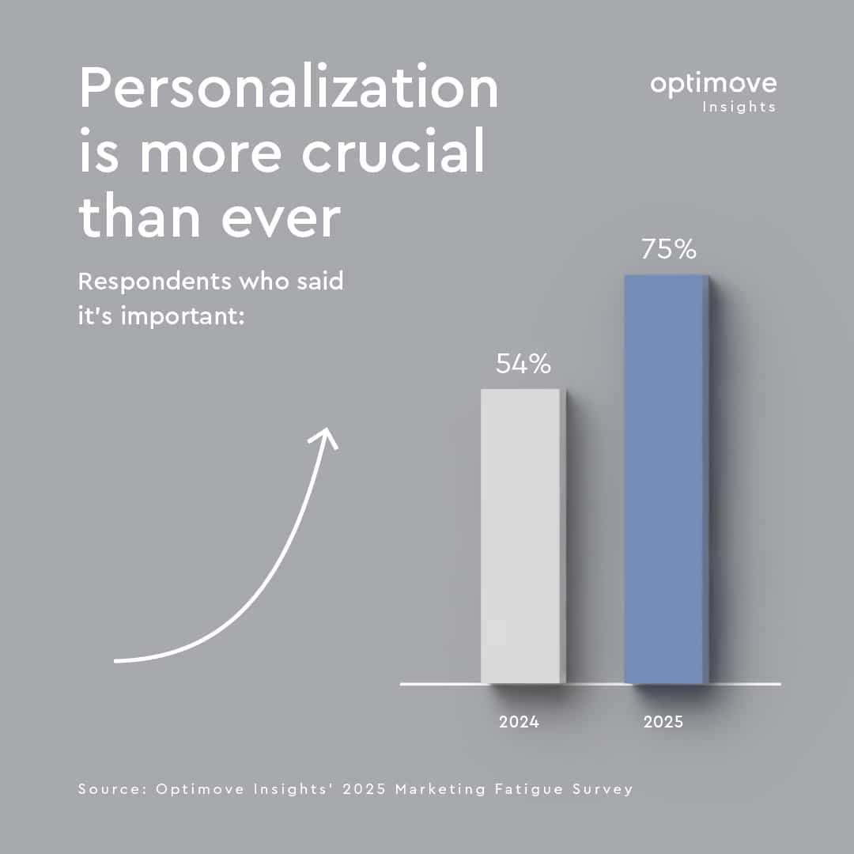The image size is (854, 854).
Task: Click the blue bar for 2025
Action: (664, 479)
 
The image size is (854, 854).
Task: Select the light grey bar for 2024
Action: (521, 536)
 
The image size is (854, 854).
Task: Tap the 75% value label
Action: (668, 250)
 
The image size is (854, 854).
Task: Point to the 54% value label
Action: (523, 364)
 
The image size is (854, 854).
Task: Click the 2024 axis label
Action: (519, 722)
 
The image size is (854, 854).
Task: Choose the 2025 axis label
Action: (663, 722)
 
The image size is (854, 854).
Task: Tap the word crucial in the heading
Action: (393, 153)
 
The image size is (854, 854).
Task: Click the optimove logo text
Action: (713, 84)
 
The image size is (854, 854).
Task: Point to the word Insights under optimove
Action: (739, 107)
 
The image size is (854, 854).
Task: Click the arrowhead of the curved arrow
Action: (326, 436)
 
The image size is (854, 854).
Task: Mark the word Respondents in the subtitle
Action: (143, 281)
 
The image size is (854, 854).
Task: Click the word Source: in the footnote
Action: (113, 789)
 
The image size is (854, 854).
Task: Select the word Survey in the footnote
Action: (600, 789)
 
